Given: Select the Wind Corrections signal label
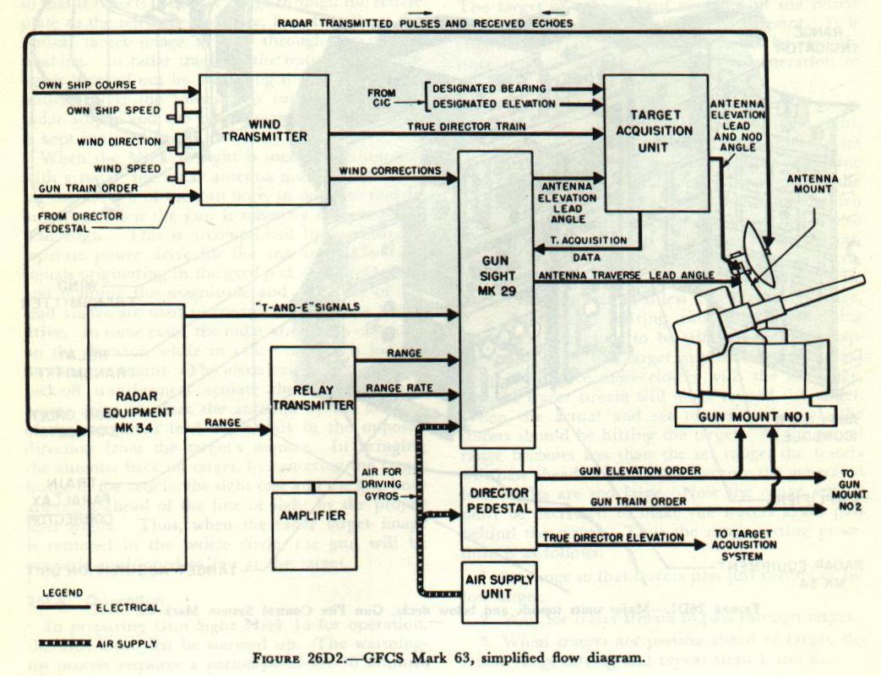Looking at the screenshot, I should pos(390,171).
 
